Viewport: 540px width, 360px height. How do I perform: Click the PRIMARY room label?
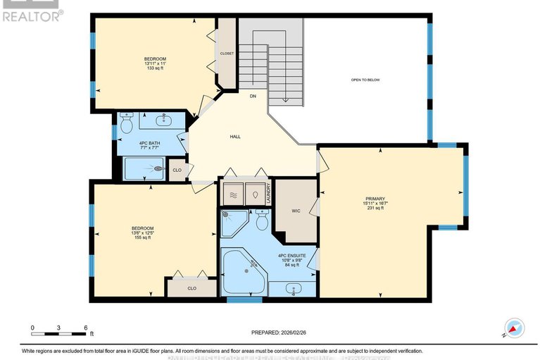(375, 199)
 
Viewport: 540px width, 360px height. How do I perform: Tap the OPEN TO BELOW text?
(365, 80)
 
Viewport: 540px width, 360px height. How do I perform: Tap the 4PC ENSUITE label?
(289, 255)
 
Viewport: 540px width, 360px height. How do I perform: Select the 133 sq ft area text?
(155, 68)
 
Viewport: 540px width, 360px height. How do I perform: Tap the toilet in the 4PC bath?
(127, 124)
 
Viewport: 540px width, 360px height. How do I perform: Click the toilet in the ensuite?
(262, 221)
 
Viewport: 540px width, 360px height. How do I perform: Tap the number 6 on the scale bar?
(85, 328)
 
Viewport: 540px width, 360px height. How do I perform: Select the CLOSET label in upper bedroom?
(227, 54)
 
